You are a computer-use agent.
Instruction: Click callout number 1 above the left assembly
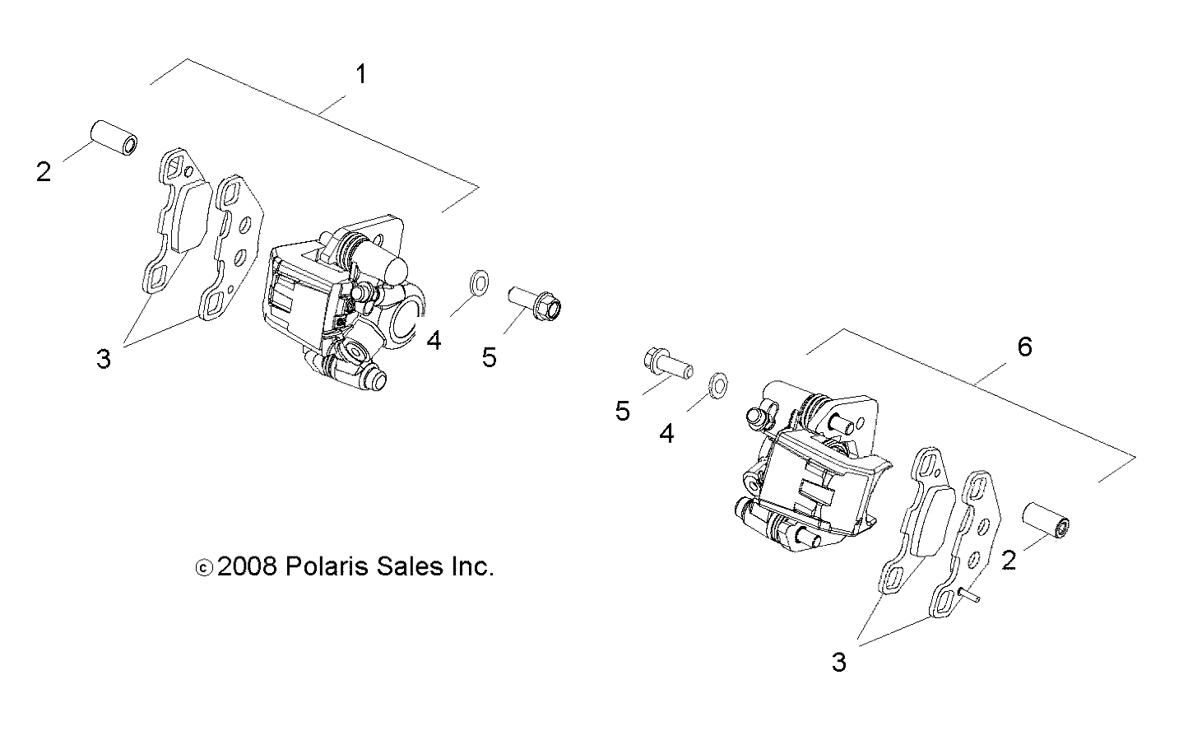click(360, 75)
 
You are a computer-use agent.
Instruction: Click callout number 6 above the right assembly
click(1024, 347)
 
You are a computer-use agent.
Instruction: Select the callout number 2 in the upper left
click(44, 172)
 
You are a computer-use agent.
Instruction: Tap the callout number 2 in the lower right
click(1009, 561)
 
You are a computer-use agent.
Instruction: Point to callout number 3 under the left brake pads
click(103, 359)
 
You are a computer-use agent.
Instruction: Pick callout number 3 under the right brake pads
click(838, 662)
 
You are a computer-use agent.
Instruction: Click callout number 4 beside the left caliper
click(434, 339)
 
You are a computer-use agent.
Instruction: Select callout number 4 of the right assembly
click(666, 432)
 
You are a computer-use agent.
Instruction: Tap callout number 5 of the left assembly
click(490, 357)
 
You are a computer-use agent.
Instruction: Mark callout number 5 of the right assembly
click(623, 410)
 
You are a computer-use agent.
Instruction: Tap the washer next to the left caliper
click(476, 282)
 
